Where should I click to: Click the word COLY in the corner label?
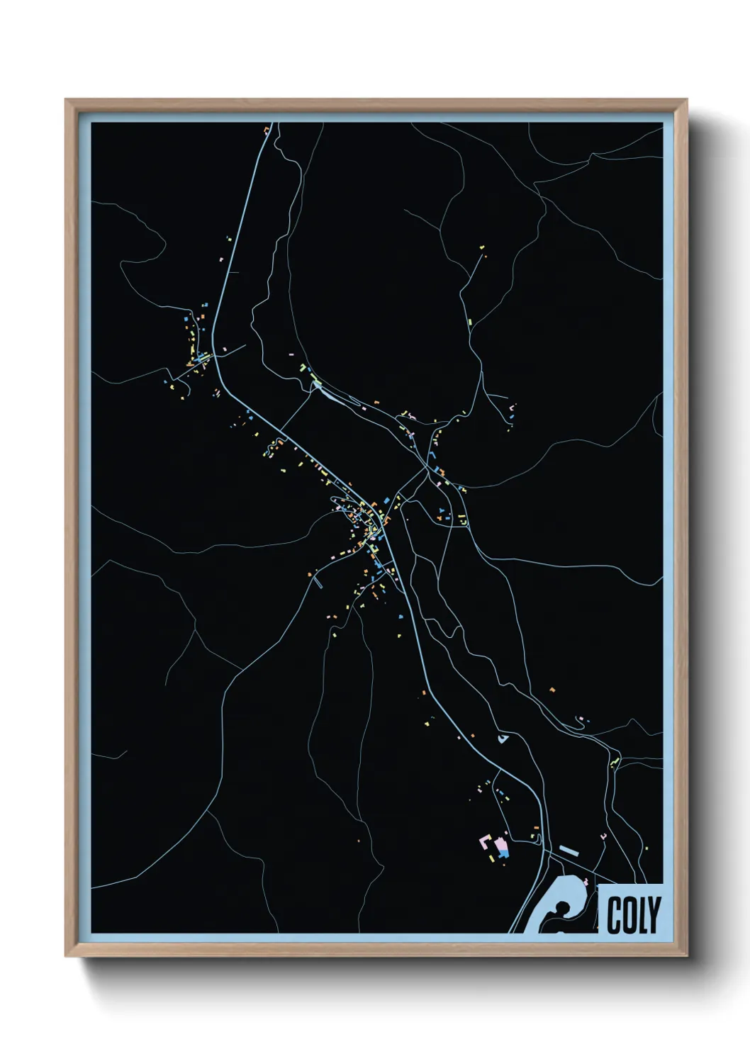633,915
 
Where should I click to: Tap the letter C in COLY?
614,915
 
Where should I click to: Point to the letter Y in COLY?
654,915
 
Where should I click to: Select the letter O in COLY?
627,915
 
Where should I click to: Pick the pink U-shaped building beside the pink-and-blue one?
486,842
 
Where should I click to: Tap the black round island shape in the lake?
561,908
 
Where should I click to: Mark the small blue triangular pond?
503,739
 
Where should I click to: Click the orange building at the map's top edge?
267,129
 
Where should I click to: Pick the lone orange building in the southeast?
552,688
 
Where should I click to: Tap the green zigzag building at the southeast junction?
615,763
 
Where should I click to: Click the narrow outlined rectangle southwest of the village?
318,584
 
